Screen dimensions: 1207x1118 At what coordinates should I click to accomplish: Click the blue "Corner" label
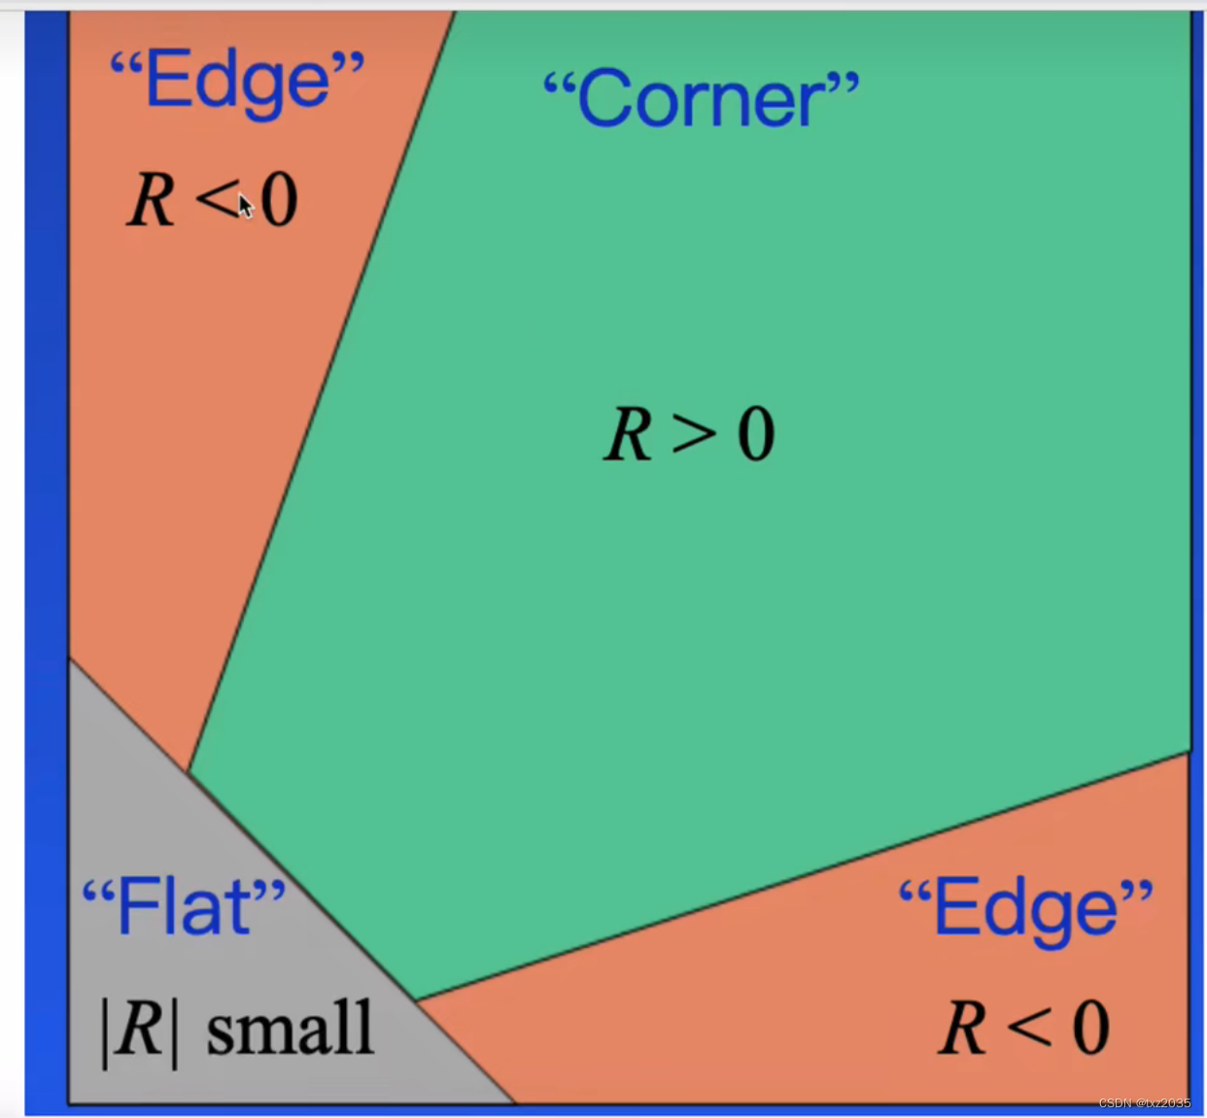[x=701, y=99]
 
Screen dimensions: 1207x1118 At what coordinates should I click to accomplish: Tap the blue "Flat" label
[x=184, y=906]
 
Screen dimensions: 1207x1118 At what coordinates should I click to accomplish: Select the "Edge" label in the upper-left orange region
[x=237, y=81]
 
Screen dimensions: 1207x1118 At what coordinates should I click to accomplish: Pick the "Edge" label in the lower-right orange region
[x=1025, y=908]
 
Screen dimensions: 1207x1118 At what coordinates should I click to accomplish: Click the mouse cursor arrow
[x=245, y=205]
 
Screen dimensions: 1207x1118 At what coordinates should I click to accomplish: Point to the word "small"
[x=290, y=1029]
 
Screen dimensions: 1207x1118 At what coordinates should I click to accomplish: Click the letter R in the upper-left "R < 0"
[x=151, y=201]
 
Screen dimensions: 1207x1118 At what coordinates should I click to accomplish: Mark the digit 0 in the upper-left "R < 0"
[x=279, y=201]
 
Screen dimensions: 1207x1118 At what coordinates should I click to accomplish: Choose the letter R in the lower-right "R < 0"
[x=963, y=1028]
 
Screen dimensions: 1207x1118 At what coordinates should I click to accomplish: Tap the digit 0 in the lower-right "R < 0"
[x=1090, y=1028]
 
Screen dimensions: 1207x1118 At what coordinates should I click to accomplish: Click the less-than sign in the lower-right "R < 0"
[x=1028, y=1028]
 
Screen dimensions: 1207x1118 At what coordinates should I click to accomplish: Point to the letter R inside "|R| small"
[x=140, y=1029]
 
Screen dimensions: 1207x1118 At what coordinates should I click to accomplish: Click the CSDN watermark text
[x=1144, y=1102]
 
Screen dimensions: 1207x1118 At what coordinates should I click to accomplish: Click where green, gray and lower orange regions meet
[x=417, y=1000]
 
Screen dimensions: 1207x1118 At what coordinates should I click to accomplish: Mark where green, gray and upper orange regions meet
[x=189, y=773]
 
